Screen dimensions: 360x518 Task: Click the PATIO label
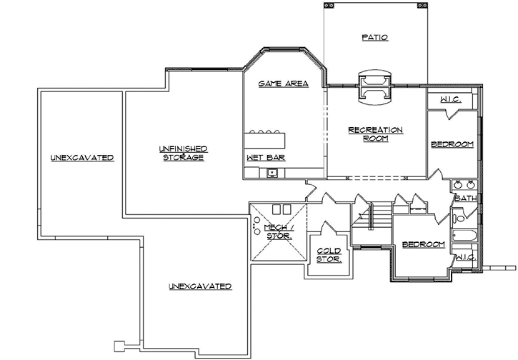coord(374,38)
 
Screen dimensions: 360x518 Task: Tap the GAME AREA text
coord(283,84)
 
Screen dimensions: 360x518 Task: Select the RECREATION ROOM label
coord(375,134)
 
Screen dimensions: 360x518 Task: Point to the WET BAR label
coord(262,157)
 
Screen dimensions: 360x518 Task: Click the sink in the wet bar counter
coord(272,172)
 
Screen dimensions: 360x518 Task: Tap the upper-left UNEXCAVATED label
coord(81,157)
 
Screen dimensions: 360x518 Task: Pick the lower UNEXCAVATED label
coord(200,286)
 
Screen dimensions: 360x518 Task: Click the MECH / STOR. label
coord(279,231)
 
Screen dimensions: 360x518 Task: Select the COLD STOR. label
coord(329,254)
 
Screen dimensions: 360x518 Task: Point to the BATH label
coord(465,198)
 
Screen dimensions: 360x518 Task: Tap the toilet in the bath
coord(460,214)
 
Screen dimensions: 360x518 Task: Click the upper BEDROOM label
coord(452,145)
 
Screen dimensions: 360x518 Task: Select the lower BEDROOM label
coord(423,245)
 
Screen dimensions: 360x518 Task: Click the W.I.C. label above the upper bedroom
coord(450,100)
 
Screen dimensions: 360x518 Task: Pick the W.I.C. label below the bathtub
coord(465,256)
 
